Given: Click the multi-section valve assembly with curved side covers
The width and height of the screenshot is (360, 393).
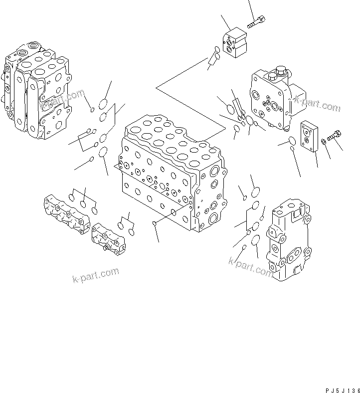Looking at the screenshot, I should (35, 93).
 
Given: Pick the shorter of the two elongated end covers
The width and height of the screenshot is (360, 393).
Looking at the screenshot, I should (108, 238).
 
